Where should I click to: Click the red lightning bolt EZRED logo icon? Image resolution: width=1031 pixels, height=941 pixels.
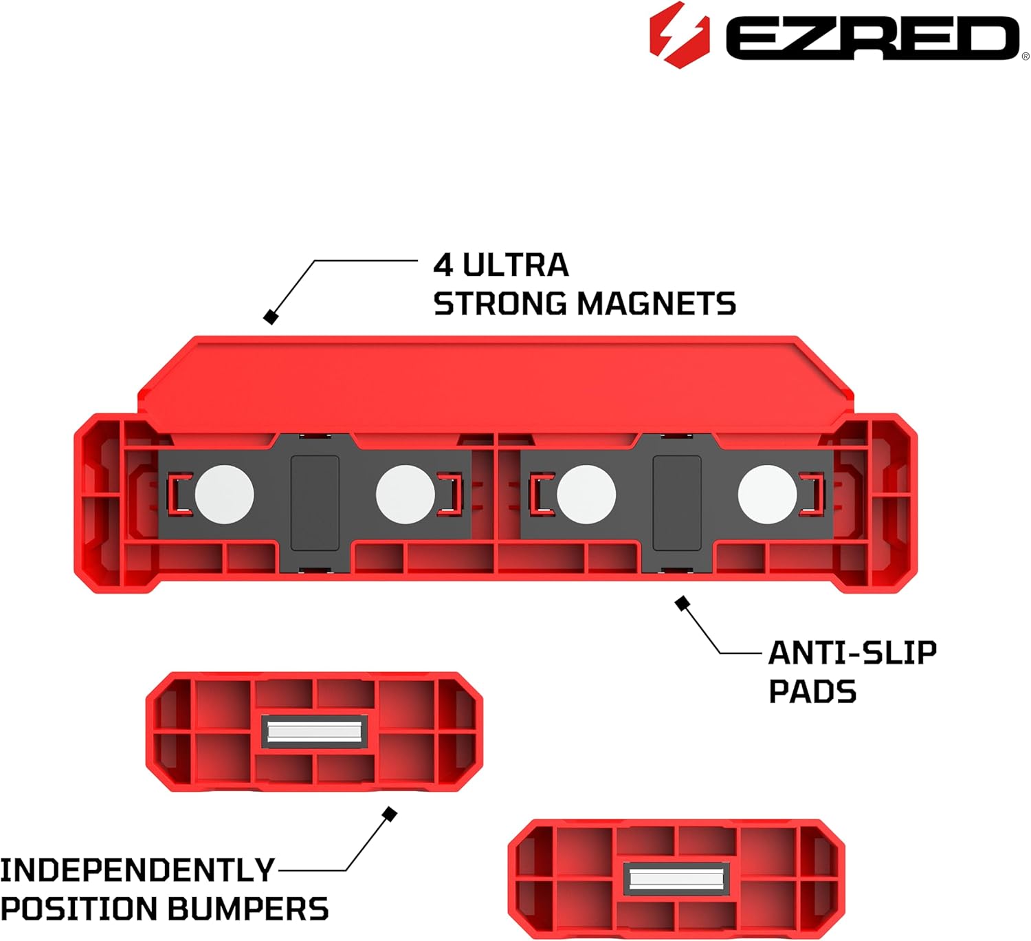click(x=678, y=35)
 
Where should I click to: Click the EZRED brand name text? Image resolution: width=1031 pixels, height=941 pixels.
click(x=872, y=38)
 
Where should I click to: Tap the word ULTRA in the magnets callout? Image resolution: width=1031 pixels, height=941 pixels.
click(x=515, y=266)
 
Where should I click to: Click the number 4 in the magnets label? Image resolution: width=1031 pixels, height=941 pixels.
click(x=443, y=266)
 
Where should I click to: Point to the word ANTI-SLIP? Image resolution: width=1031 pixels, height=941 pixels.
click(x=852, y=653)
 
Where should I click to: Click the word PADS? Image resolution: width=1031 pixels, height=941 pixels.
click(x=812, y=691)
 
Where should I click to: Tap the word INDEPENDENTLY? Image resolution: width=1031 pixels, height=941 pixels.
click(x=137, y=870)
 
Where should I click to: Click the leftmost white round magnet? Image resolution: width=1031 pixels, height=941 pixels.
click(x=224, y=495)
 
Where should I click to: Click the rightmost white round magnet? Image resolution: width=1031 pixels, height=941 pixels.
click(x=767, y=495)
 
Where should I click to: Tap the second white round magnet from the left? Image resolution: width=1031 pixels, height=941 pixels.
click(x=406, y=495)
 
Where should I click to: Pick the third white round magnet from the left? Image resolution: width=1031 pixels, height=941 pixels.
click(x=586, y=495)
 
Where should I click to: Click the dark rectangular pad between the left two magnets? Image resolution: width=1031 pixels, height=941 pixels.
click(x=315, y=503)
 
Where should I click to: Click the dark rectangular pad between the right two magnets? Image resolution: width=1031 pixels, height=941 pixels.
click(x=677, y=503)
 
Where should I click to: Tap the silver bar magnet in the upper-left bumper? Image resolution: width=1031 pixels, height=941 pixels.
click(x=315, y=731)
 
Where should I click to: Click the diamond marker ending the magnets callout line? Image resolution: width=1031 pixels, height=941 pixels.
click(x=271, y=317)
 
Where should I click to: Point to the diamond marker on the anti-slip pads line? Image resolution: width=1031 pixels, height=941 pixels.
click(x=682, y=604)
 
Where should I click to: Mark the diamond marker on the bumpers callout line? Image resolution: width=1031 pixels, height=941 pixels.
click(x=389, y=814)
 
